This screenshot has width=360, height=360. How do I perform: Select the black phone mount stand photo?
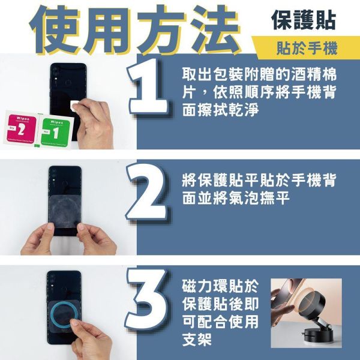[306, 315]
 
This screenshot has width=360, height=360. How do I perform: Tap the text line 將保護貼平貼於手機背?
[259, 180]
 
